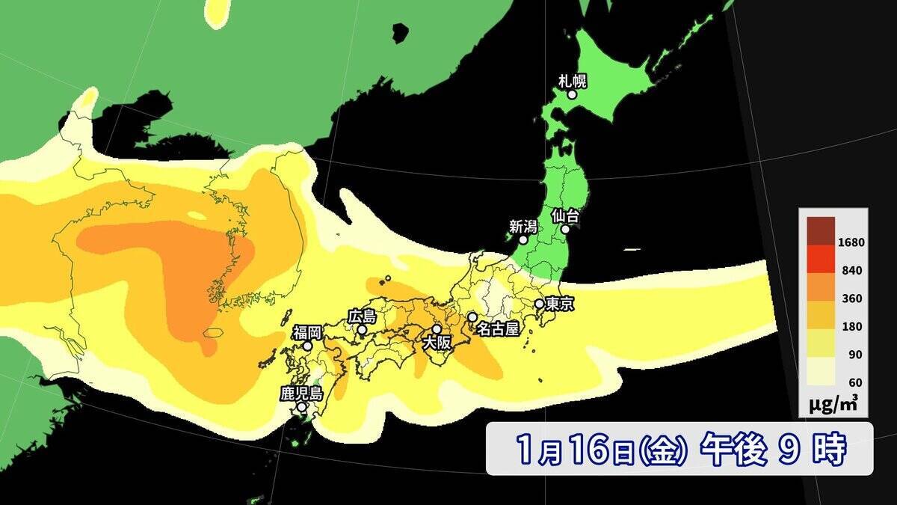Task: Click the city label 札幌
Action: pos(572,80)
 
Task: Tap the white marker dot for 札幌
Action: pos(572,94)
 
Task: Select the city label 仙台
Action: pos(566,215)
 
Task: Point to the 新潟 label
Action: pos(523,225)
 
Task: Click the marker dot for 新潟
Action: pos(523,240)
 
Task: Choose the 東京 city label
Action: pos(560,304)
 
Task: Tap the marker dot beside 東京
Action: pos(539,304)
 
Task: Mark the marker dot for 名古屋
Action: pos(472,317)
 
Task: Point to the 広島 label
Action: pos(362,316)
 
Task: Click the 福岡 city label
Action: pos(307,331)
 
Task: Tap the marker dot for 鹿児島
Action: pos(301,408)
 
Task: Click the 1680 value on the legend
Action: pos(852,242)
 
